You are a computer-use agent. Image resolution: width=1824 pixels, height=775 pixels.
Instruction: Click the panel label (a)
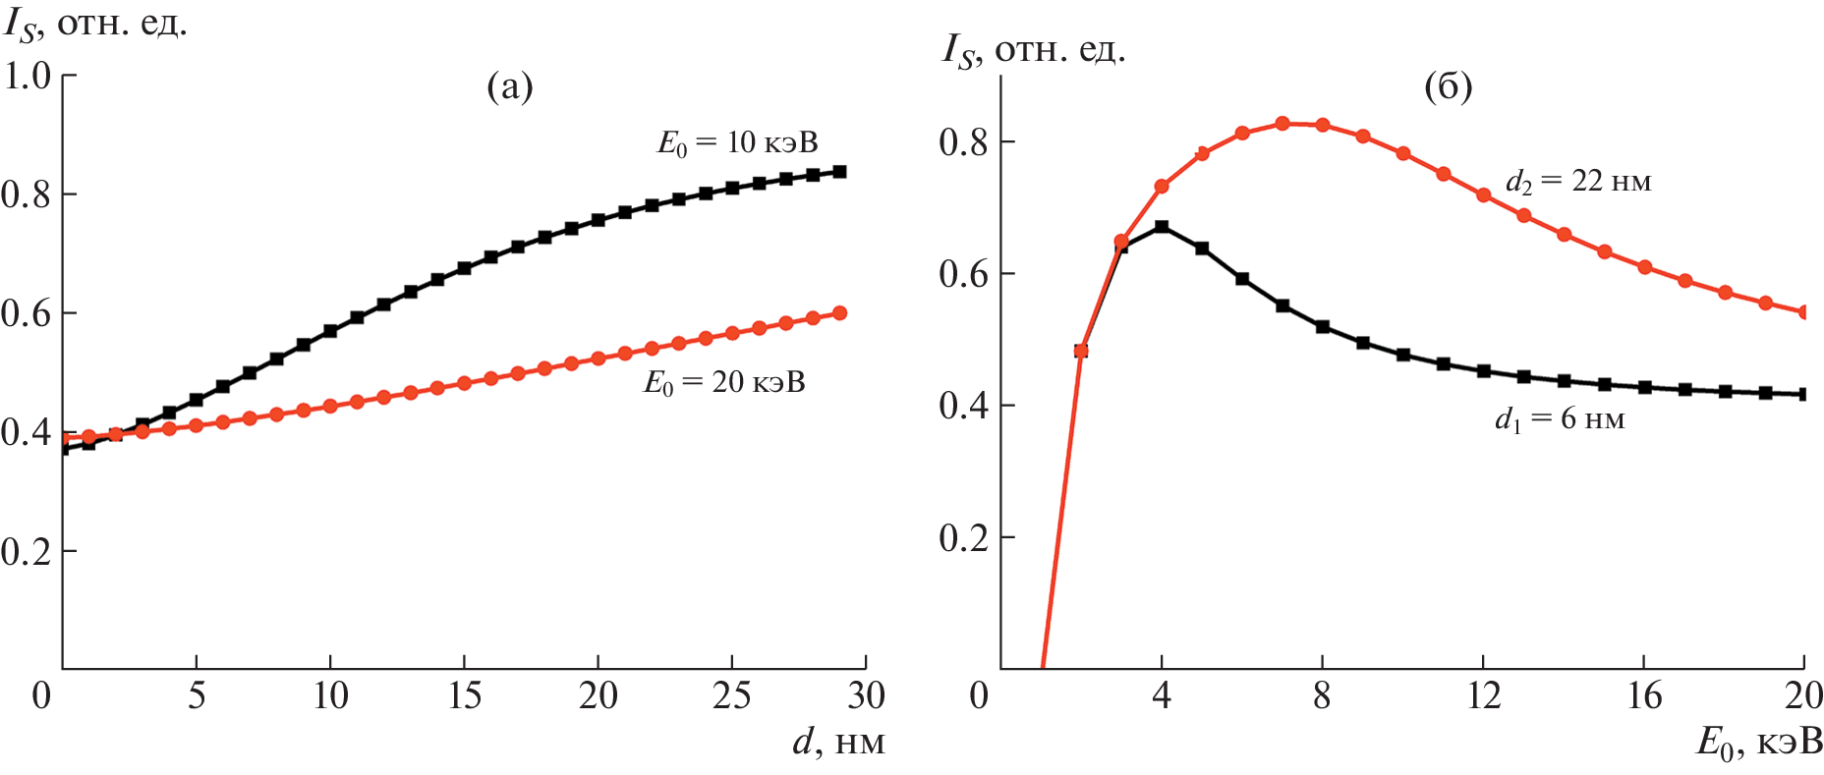[510, 87]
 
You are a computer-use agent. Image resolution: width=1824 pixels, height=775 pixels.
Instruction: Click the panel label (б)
[1448, 87]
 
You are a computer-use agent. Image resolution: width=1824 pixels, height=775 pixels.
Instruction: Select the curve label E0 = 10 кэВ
[737, 143]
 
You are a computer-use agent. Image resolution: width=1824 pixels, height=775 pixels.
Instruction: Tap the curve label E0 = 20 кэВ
[724, 382]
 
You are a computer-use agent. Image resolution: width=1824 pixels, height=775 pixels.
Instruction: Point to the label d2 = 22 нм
[1578, 182]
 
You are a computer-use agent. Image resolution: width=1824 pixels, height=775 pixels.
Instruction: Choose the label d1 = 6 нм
[1560, 420]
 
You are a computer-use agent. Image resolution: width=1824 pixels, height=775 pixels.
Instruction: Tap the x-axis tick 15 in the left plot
[464, 696]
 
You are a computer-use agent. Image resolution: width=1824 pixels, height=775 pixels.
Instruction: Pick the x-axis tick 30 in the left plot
[866, 696]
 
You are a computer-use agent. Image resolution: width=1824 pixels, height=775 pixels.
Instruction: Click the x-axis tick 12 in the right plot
[1483, 696]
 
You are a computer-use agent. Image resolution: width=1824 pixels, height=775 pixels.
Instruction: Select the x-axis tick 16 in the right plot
[1644, 696]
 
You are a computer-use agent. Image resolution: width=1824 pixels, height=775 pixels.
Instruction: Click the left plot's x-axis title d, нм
[838, 743]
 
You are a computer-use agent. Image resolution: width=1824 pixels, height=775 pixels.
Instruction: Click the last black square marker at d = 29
[839, 172]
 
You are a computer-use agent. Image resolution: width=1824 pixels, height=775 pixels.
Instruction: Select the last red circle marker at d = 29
[839, 313]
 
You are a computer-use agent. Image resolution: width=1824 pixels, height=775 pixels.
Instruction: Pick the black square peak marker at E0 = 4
[1162, 227]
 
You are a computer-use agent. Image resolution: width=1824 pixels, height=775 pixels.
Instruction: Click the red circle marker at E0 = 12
[1483, 195]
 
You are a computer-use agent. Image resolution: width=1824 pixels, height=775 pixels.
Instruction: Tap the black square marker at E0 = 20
[1804, 395]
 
